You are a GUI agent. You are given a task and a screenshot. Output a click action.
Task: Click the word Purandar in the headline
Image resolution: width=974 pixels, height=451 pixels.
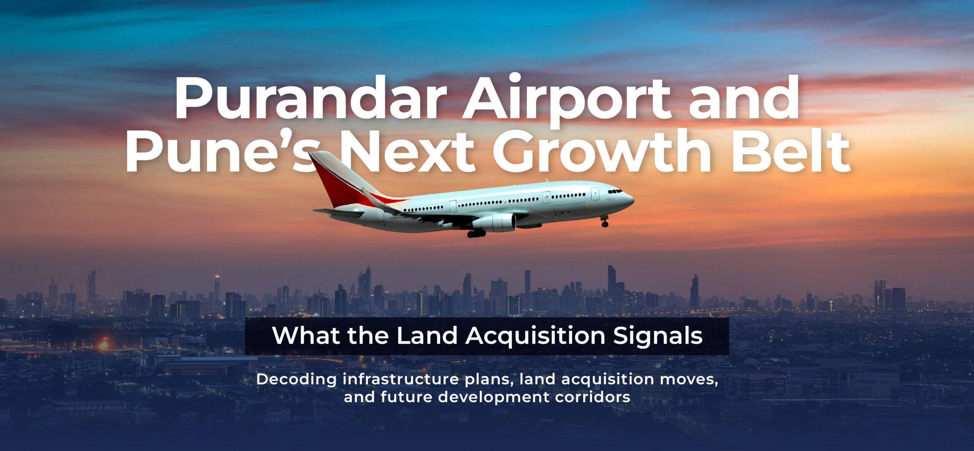point(310,100)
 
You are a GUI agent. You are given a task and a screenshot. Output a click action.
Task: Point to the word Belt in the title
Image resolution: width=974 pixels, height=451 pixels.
point(790,152)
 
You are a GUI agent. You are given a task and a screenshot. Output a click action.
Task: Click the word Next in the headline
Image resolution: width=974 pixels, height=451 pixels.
point(407,152)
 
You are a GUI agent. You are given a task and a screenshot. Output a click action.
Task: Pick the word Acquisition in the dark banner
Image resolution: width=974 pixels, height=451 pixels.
point(535,336)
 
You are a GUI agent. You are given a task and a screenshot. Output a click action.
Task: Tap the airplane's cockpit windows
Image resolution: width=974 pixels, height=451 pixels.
point(614,191)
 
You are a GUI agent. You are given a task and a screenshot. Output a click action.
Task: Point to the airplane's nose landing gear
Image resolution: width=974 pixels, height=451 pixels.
point(605,223)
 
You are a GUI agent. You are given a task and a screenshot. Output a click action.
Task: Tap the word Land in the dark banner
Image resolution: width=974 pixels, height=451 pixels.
point(427,336)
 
